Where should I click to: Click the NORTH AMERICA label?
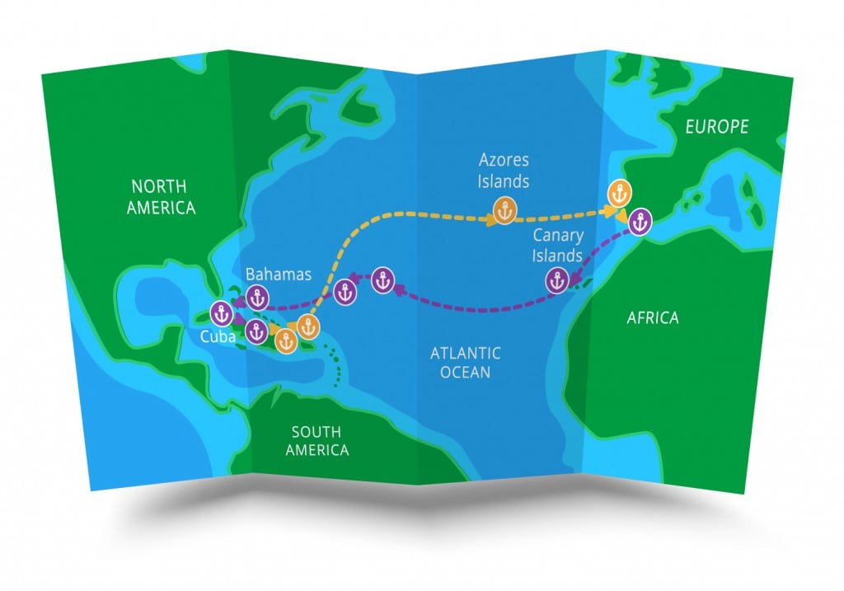[162, 196]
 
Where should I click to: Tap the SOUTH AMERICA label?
[316, 441]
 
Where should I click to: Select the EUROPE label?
[717, 127]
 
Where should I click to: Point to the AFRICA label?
[653, 317]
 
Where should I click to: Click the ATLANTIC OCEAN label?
[465, 363]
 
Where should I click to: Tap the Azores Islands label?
[504, 169]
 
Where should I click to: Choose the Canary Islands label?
[557, 245]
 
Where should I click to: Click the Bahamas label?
[279, 274]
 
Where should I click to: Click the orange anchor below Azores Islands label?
[504, 209]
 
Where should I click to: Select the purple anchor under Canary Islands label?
[559, 281]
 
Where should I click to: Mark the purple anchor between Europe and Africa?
[641, 220]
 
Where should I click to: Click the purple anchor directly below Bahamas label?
[259, 297]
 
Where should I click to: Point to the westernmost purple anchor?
[221, 312]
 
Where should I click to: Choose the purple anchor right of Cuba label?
[254, 331]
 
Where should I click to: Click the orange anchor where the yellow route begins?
[308, 326]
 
